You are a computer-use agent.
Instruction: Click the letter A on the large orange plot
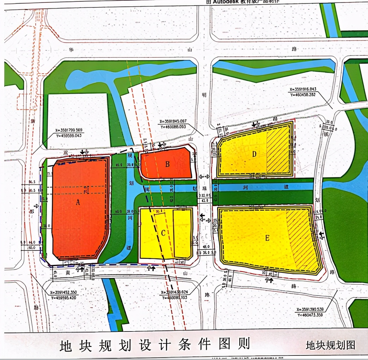pos(78,202)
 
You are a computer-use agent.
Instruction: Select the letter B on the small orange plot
pos(168,164)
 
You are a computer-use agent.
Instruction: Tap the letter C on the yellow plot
pos(163,233)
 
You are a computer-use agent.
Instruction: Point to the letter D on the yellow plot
pos(254,154)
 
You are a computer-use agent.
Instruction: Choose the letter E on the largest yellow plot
pos(267,238)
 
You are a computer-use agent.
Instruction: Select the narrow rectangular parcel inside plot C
pos(183,234)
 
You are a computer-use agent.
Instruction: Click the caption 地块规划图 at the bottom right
pos(331,345)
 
